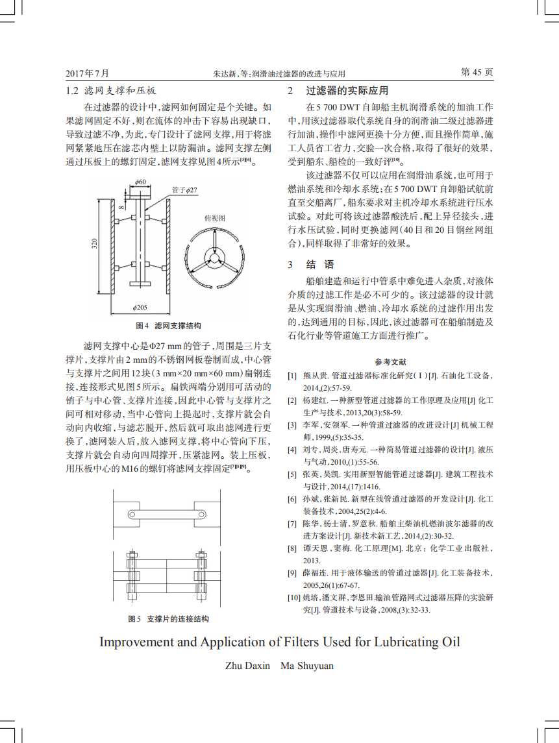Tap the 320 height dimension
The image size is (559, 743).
click(94, 244)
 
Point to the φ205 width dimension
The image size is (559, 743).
click(140, 307)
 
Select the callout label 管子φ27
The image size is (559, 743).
click(184, 189)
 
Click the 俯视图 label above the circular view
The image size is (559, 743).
click(214, 218)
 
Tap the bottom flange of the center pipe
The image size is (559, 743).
click(140, 282)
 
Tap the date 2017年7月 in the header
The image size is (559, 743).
click(88, 73)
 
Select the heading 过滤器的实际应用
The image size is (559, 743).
click(347, 91)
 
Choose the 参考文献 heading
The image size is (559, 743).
click(390, 361)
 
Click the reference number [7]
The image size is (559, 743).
click(293, 523)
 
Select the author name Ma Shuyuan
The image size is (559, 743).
click(306, 666)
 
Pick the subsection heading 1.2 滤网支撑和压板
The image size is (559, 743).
click(111, 91)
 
